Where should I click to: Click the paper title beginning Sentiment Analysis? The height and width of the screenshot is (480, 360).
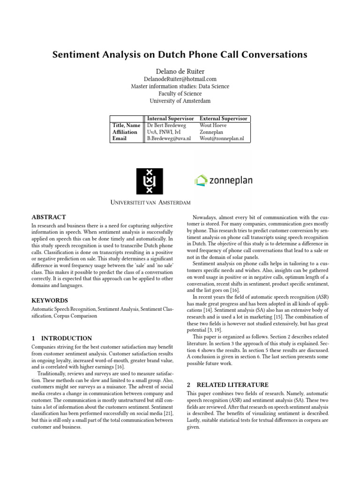pos(180,55)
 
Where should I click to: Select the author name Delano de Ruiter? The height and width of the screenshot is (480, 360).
pos(180,71)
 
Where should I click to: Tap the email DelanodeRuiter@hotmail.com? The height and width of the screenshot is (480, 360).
pos(180,79)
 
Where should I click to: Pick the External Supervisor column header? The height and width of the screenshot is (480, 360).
pos(223,119)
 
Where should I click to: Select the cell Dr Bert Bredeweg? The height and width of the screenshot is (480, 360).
pos(166,126)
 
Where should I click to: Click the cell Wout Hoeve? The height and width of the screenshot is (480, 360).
pos(213,126)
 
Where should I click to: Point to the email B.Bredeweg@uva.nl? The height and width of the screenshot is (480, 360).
pos(169,139)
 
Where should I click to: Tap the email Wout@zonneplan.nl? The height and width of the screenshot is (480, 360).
pos(222,139)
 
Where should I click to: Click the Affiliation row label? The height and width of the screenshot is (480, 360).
pos(125,132)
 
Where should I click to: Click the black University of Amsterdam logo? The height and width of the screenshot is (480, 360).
pos(150,181)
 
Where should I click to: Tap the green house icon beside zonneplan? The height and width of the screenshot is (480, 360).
pos(201,180)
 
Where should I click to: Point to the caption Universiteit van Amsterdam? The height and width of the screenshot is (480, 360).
pos(150,202)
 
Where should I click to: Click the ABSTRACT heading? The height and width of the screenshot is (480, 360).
pos(48,217)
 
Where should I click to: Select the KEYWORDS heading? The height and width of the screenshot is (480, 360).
pos(49,300)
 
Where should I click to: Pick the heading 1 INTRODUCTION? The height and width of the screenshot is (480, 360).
pos(61,338)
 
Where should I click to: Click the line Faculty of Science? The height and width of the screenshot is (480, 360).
pos(180,94)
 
